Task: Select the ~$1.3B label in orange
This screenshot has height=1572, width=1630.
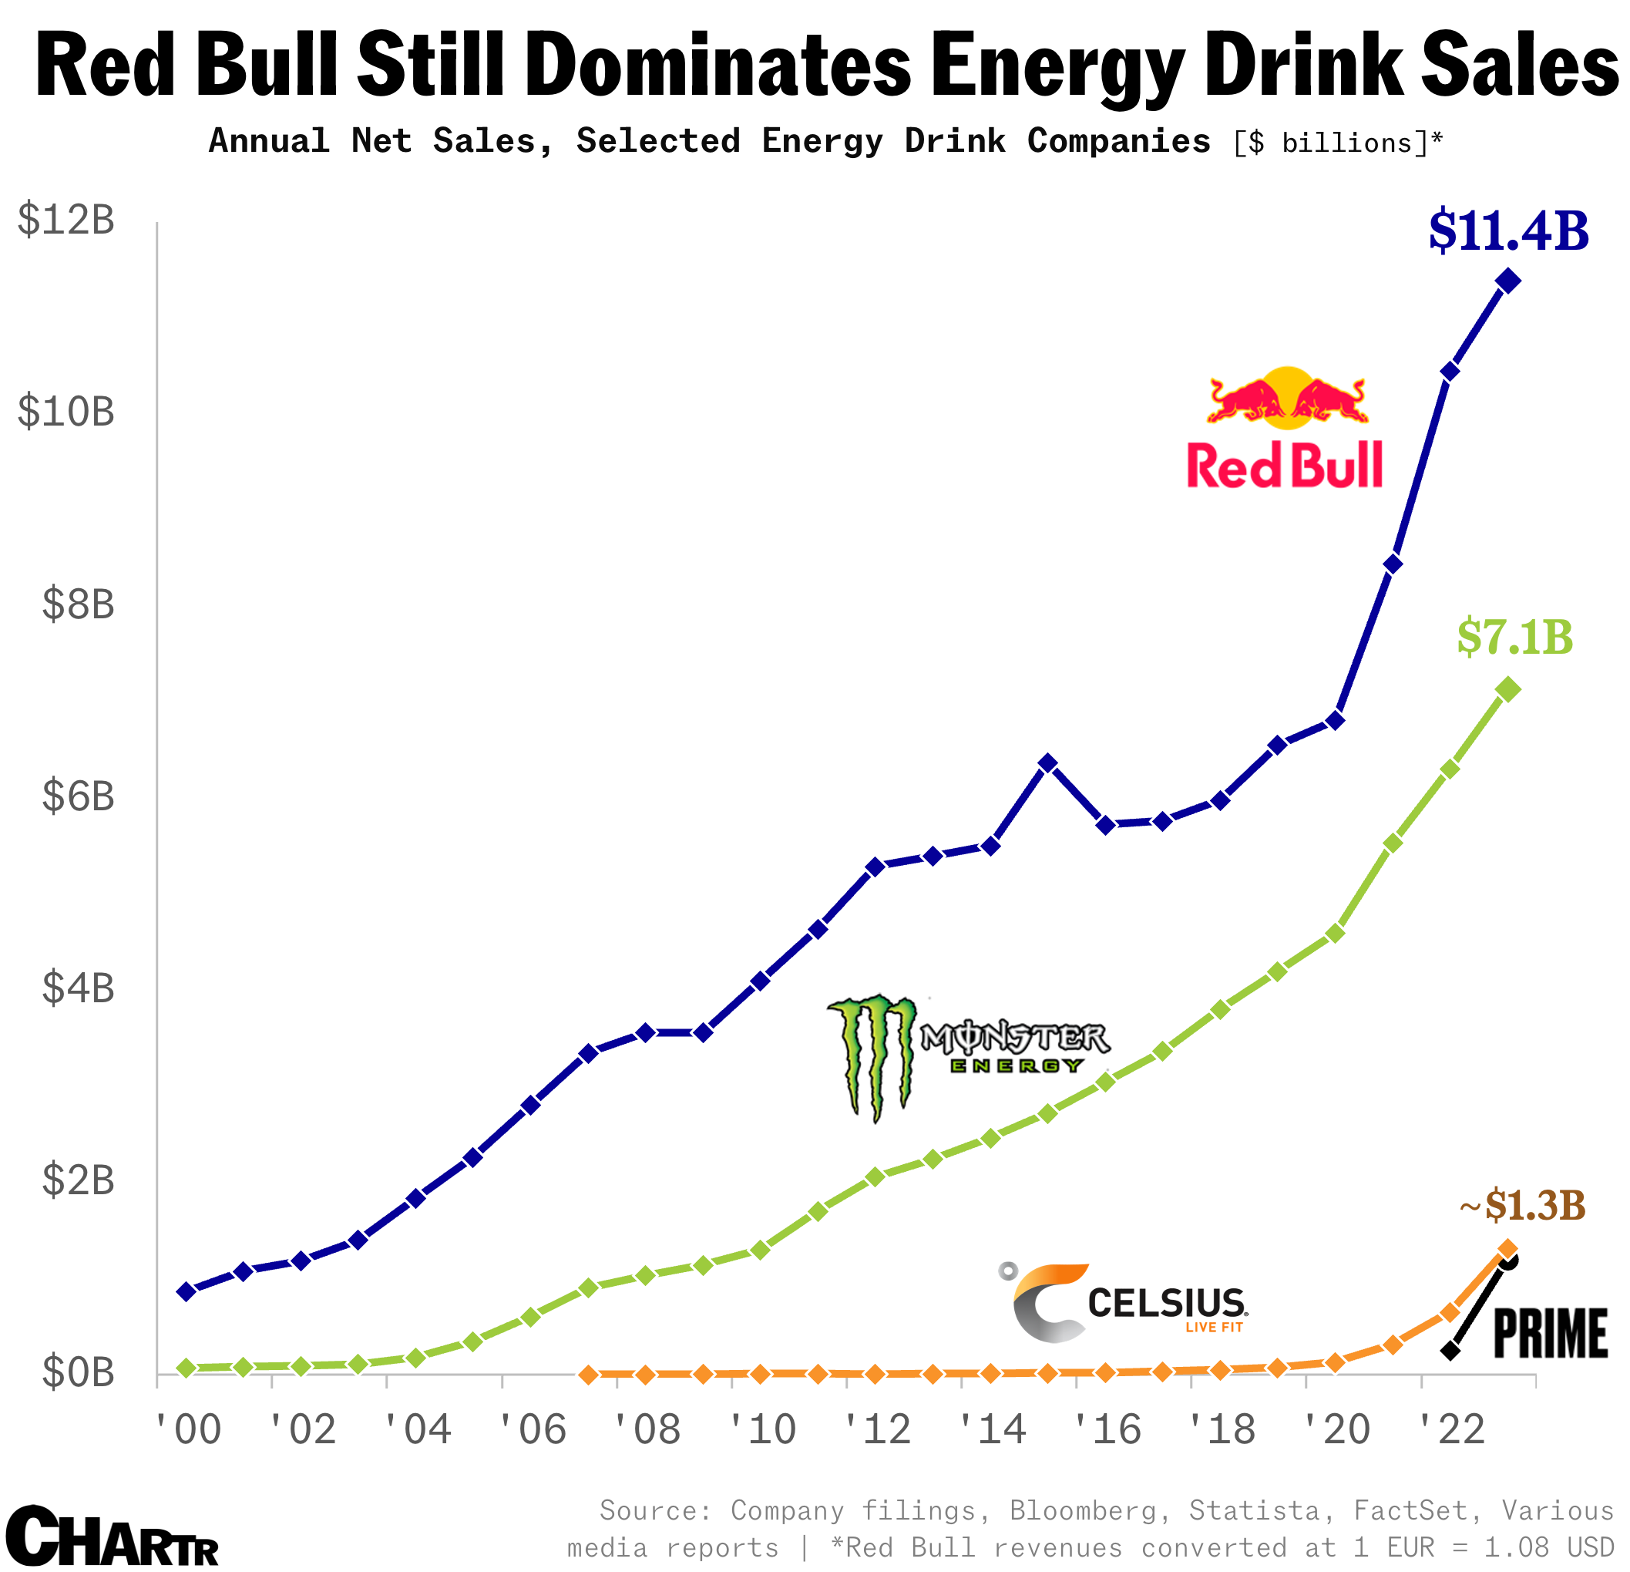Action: coord(1522,1205)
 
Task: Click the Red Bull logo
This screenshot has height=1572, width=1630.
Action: coord(1286,428)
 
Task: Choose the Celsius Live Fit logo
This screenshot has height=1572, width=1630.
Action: coord(1128,1301)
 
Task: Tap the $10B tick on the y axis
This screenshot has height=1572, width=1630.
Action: coord(66,412)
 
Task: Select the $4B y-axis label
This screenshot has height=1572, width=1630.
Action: coord(77,988)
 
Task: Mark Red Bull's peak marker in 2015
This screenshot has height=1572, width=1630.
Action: coord(1048,763)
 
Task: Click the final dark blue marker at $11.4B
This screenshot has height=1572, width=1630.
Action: coord(1507,281)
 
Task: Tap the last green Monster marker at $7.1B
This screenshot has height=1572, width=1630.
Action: coord(1507,689)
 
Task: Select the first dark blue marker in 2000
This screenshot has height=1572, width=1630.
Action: coord(187,1291)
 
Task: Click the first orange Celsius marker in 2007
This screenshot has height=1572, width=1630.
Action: coord(589,1375)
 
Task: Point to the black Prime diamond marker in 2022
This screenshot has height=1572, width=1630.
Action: coord(1450,1351)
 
